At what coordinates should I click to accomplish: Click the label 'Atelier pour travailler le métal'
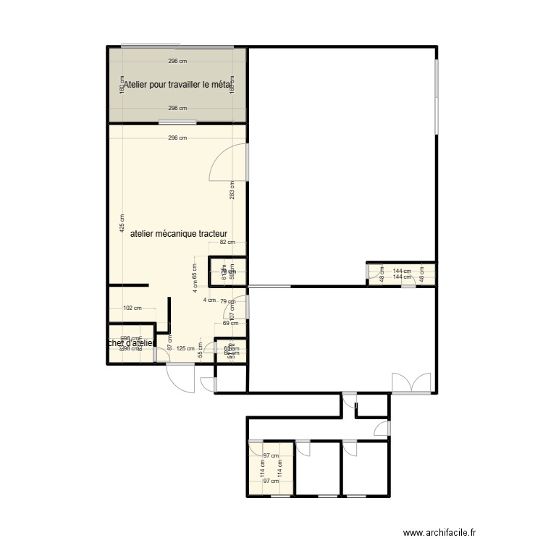177,85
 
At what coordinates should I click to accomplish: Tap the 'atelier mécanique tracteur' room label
179,234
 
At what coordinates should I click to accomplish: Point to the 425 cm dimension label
122,222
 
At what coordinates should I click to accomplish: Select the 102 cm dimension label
132,308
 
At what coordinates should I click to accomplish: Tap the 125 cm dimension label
185,348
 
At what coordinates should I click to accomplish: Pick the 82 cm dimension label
227,243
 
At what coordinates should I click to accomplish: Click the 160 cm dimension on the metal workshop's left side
122,85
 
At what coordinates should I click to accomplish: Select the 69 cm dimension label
230,323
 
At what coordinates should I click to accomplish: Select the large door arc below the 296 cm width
227,161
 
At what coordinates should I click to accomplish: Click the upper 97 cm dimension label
271,455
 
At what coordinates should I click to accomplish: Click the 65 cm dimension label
194,271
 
